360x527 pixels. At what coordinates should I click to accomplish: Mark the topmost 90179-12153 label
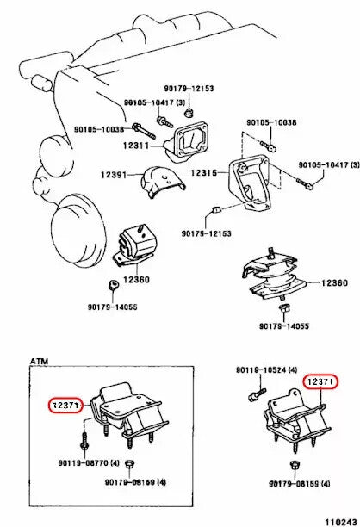(x=189, y=90)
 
